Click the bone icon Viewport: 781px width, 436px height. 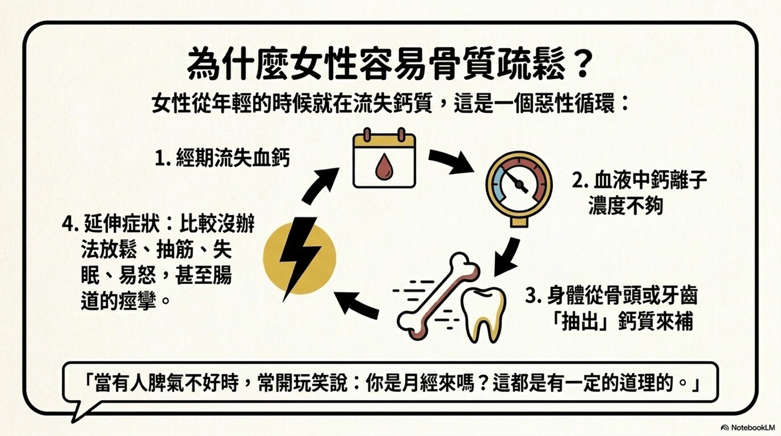click(x=437, y=297)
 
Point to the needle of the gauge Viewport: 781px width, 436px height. click(x=517, y=181)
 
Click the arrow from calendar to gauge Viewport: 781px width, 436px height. click(x=452, y=161)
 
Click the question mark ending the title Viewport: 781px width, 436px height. click(x=582, y=65)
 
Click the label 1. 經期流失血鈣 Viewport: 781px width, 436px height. click(x=222, y=158)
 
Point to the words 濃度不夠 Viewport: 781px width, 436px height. click(x=625, y=205)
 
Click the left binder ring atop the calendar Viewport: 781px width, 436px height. click(x=367, y=134)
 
